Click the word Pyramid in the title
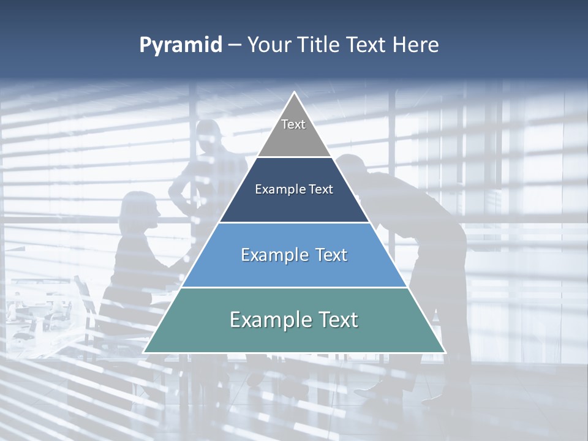click(x=181, y=45)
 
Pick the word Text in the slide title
click(x=366, y=45)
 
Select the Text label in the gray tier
click(x=293, y=124)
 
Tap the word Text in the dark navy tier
click(x=320, y=189)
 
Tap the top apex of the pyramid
click(x=294, y=92)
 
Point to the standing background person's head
click(x=208, y=136)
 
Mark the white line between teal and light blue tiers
click(x=294, y=287)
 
